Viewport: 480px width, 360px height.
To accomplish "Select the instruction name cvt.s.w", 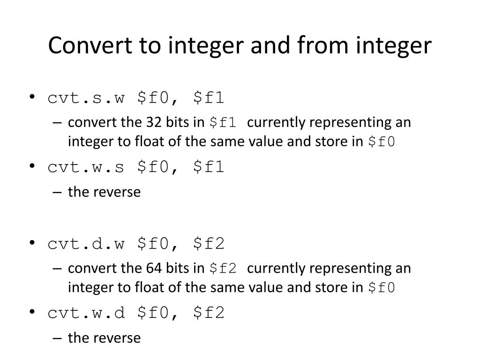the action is tap(87, 98).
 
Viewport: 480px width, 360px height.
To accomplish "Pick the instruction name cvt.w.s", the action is tap(87, 167).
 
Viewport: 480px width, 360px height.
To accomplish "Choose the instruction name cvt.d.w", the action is tap(87, 243).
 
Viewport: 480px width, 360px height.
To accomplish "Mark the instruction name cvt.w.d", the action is tap(87, 313).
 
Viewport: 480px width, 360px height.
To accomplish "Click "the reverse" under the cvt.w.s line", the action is tap(104, 192).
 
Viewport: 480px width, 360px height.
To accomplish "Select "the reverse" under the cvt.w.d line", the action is tap(104, 337).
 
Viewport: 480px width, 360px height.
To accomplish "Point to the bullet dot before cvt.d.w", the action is tap(32, 243).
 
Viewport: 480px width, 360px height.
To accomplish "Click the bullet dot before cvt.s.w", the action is tap(32, 98).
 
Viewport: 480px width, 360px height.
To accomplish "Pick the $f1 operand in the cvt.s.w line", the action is tap(208, 98).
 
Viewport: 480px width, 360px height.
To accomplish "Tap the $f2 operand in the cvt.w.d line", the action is tap(208, 313).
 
